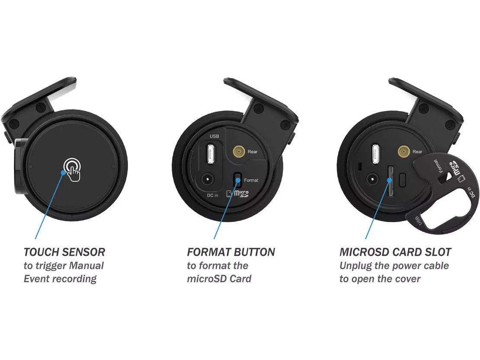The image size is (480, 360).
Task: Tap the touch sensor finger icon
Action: click(72, 169)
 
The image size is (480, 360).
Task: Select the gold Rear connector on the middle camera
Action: click(238, 151)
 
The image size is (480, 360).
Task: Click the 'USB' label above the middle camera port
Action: click(214, 137)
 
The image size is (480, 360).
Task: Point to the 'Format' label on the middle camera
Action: click(251, 180)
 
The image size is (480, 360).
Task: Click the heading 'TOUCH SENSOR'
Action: click(64, 252)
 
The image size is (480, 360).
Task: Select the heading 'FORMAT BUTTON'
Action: click(231, 252)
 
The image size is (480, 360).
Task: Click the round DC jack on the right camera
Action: click(371, 178)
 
